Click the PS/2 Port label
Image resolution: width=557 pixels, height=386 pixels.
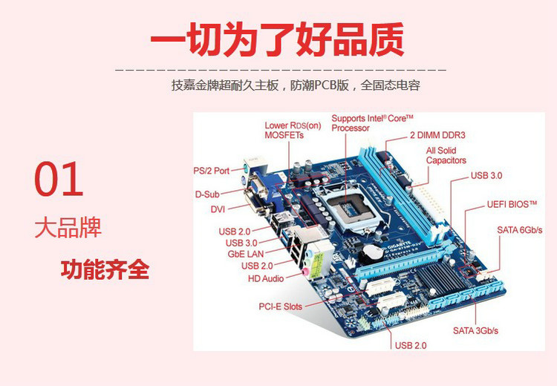click(x=212, y=171)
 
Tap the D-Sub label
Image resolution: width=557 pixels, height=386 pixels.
click(x=209, y=194)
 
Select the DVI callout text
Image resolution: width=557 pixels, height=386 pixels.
click(x=218, y=209)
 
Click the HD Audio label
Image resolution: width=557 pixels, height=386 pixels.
click(x=265, y=279)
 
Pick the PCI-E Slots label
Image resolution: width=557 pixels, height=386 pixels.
click(x=280, y=306)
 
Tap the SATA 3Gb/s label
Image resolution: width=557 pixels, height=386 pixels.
click(x=475, y=330)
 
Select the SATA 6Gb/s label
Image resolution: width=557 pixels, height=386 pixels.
click(x=519, y=230)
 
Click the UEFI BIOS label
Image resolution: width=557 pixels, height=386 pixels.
click(x=512, y=203)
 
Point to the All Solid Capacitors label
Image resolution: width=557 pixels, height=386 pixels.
click(x=446, y=155)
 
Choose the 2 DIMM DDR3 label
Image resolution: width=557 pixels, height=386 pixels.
click(x=437, y=135)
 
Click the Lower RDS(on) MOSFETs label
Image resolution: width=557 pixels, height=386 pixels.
click(x=293, y=130)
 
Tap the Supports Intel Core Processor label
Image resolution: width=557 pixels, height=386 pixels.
click(x=371, y=123)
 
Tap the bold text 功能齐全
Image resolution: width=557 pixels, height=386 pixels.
click(x=105, y=269)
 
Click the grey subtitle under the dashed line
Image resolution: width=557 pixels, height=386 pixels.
click(x=296, y=85)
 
